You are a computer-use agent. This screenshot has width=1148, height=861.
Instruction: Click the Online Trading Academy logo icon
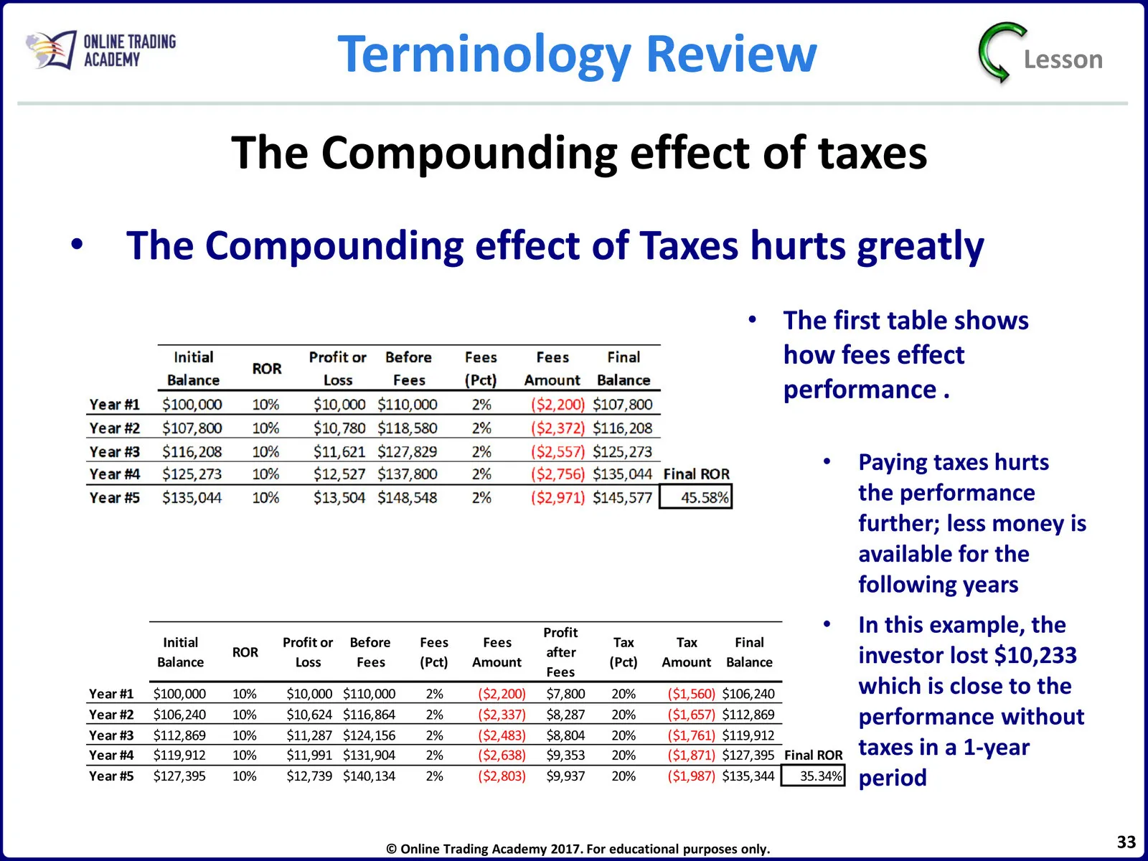coord(51,50)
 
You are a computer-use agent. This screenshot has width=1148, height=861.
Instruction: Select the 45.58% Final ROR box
coord(695,497)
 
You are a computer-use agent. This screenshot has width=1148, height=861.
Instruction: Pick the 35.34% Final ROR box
coord(813,776)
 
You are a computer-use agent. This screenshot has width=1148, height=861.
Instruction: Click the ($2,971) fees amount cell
coord(557,497)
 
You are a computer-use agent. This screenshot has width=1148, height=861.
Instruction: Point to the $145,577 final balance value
coord(622,497)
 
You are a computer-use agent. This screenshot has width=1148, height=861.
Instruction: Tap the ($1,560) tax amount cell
coord(691,694)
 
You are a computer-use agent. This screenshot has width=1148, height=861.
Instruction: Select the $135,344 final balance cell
coord(748,776)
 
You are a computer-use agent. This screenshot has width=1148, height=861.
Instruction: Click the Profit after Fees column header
coord(560,652)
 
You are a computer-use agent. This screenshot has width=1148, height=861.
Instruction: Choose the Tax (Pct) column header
coord(624,652)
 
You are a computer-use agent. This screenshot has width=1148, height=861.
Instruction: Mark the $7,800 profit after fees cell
coord(565,694)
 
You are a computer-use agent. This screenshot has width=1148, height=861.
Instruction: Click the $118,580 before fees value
coord(408,428)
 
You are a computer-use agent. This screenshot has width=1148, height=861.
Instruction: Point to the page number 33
coord(1126,842)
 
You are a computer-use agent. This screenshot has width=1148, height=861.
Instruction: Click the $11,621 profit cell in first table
coord(339,451)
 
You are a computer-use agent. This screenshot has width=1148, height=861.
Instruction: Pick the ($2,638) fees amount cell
coord(502,755)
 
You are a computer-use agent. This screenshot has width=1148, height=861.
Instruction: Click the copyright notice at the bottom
coord(578,849)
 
